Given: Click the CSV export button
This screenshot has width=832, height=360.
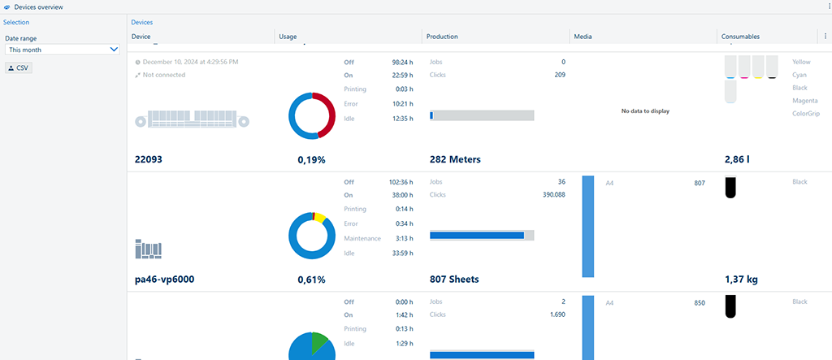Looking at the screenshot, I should coord(18,67).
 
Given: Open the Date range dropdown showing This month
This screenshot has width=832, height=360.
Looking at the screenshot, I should coord(63,50).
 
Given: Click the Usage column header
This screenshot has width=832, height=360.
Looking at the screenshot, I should coord(288,37).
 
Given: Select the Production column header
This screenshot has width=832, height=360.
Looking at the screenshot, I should coord(442,37).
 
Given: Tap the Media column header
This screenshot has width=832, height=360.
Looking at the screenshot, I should coord(583,37).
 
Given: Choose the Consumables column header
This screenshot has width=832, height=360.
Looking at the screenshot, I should coord(740,37).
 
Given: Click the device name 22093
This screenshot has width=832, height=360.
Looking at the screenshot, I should coord(149,160).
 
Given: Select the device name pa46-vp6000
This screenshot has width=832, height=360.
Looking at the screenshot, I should coord(164,280).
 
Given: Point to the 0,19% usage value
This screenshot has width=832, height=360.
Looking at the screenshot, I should coord(311,160).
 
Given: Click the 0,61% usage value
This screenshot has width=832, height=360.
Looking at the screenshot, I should coord(311,280).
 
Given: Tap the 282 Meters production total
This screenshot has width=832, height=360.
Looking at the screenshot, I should coord(454,160).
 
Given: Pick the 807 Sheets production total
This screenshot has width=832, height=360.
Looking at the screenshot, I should coord(453,280).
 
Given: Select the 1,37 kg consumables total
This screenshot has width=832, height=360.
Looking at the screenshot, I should coord(740,280).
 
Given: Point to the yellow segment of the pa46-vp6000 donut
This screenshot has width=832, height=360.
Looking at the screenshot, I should coord(321,218).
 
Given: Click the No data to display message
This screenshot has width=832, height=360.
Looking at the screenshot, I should coord(644,111).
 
